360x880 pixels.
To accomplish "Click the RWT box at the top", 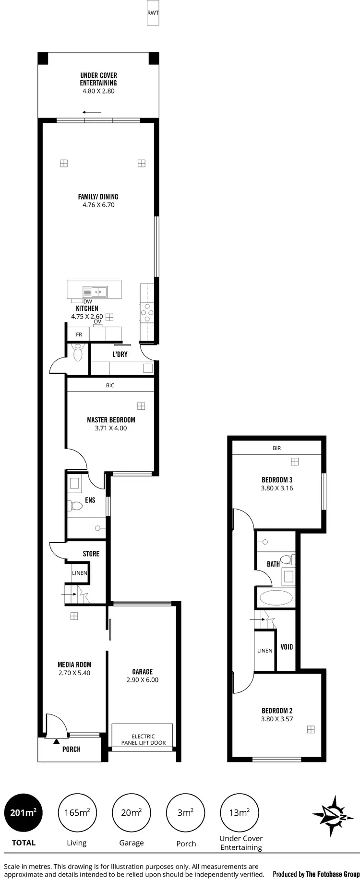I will coord(153,13).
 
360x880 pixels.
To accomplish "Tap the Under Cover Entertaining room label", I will coord(98,79).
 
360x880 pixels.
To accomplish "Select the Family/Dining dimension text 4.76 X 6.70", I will coord(98,205).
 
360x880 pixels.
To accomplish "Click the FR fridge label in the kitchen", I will coord(79,334).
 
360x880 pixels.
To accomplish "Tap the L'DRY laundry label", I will coord(120,354).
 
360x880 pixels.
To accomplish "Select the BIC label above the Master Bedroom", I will coord(110,385).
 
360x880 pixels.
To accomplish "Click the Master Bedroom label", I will coord(111,420).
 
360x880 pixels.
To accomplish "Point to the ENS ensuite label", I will coord(90,500).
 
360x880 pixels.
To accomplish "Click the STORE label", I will coord(91,554).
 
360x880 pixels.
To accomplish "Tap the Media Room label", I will coord(74,665).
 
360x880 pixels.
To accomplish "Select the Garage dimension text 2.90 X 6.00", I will coord(143,680).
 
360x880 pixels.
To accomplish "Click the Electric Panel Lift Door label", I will coord(143,739).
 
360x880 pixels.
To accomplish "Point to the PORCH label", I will coord(72,749).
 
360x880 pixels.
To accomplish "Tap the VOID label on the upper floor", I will coord(287,647).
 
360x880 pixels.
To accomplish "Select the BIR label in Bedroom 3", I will coord(276,448).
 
